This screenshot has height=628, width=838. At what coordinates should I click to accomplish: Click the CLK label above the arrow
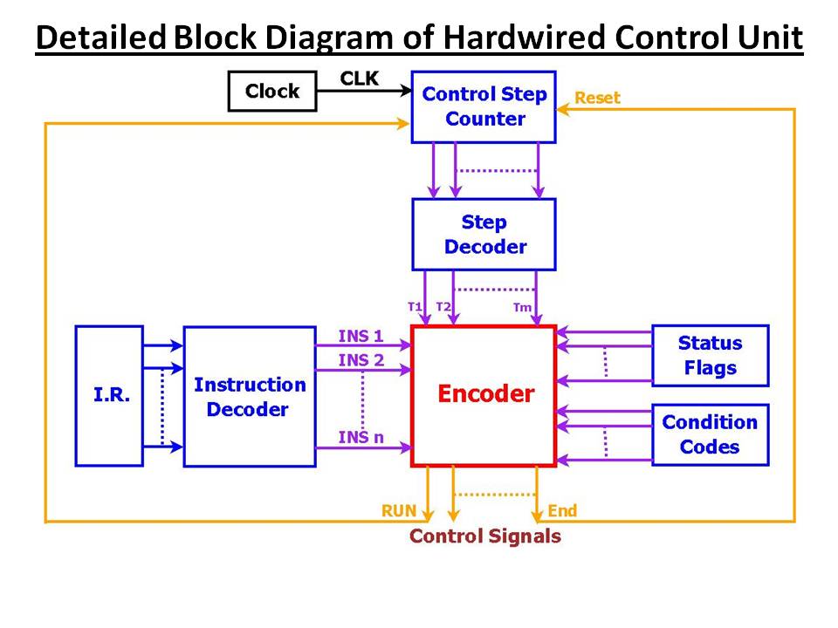(x=359, y=78)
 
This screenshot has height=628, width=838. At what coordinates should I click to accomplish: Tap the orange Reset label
(x=597, y=98)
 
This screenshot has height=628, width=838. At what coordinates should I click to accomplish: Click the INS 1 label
(x=361, y=336)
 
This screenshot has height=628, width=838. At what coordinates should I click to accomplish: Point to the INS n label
(x=361, y=437)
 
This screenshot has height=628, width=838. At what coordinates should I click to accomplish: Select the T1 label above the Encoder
(x=415, y=306)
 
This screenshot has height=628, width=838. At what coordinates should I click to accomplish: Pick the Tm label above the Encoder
(x=522, y=307)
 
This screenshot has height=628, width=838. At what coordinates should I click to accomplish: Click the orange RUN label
(x=399, y=511)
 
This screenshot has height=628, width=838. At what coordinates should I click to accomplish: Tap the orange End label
(x=562, y=511)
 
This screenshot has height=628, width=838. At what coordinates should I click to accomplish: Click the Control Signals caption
(x=485, y=536)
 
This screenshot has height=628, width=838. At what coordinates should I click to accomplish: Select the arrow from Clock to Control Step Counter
(x=365, y=91)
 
